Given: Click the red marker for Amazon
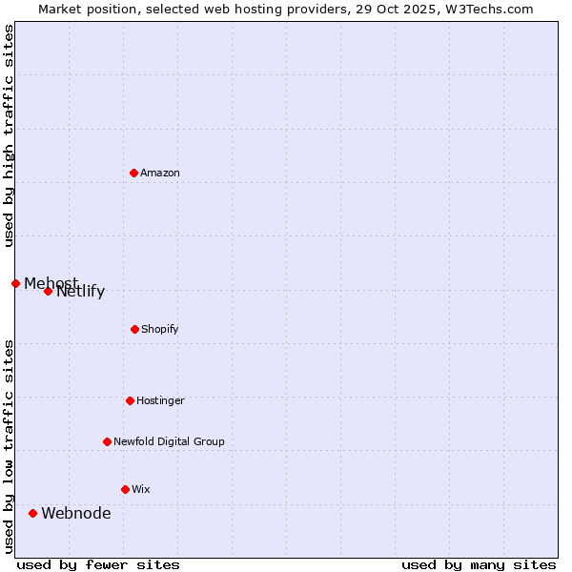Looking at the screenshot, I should tap(133, 173).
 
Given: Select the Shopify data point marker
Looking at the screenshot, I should tap(134, 329).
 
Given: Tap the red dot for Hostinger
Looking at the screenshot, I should tap(130, 400).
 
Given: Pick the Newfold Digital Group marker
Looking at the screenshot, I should tap(107, 441).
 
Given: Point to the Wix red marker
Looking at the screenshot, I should tap(125, 489).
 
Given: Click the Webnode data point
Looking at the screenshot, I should tap(32, 513).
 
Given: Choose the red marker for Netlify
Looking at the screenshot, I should tap(48, 291).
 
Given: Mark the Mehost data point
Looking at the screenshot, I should tap(15, 283).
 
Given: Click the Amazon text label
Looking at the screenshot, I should tap(160, 173).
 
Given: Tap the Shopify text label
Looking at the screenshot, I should tap(160, 329).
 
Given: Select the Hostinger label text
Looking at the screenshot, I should tap(160, 400).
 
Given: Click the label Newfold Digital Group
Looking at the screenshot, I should tap(169, 441).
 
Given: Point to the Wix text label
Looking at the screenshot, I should tap(141, 489).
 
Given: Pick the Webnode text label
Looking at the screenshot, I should tap(75, 513).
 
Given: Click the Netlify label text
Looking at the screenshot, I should tap(82, 293).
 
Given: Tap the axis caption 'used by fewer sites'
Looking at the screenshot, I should tap(97, 564).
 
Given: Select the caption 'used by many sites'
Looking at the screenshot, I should tap(479, 564).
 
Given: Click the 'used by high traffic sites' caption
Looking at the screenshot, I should tap(9, 135).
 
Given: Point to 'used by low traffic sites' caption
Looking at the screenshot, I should tap(9, 446).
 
